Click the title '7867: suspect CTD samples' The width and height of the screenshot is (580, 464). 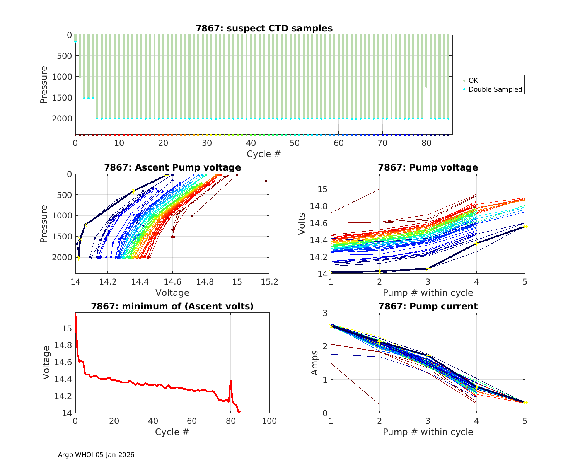coord(264,28)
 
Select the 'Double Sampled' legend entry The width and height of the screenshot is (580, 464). coord(495,89)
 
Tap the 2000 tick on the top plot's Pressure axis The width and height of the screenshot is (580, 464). coord(62,118)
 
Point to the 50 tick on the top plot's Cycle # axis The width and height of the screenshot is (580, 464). coord(295,143)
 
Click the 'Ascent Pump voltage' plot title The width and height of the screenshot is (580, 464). coord(172,167)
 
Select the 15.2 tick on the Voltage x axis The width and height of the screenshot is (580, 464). coord(270,282)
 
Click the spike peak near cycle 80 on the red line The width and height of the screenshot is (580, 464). coord(230,381)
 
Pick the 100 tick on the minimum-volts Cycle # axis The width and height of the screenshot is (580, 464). coord(270,421)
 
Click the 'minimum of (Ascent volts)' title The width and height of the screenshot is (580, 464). coord(172,306)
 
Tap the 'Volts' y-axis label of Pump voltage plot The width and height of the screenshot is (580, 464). coord(302,224)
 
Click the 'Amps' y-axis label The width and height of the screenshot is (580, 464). coord(315,363)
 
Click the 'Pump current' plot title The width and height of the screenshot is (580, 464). coord(428,306)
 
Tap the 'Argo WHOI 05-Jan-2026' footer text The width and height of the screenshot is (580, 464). coord(96,455)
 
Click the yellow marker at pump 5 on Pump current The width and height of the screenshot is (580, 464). coord(525,403)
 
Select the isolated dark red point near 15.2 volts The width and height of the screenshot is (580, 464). coord(266,181)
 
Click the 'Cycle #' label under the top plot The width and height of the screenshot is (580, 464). coord(264,154)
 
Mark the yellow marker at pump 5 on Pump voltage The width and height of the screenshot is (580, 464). coord(525,226)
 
